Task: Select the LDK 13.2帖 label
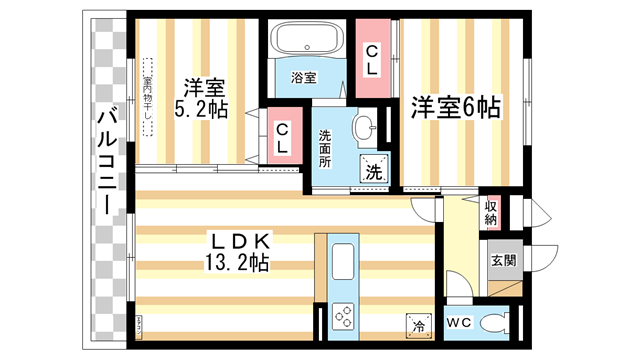[x=237, y=251]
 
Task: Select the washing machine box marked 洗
[x=374, y=172]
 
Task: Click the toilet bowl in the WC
[x=494, y=323]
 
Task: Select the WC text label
[x=460, y=323]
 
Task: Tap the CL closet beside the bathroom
[x=370, y=61]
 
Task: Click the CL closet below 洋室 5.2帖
[x=283, y=137]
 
